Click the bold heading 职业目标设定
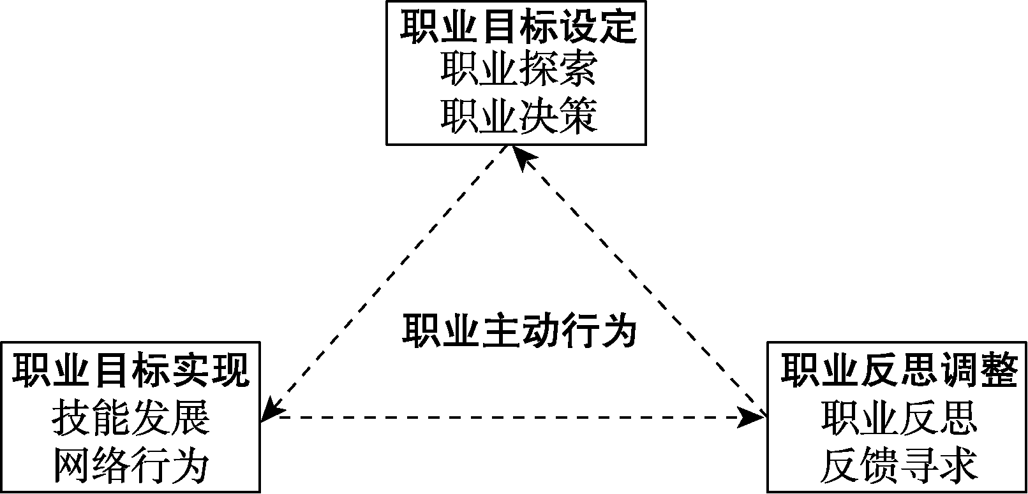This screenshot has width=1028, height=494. click(x=518, y=27)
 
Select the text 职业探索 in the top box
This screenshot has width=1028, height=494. click(x=518, y=71)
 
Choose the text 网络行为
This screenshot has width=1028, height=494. click(x=131, y=466)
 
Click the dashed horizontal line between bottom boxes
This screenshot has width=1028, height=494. click(x=510, y=418)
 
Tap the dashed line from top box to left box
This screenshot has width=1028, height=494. click(x=389, y=280)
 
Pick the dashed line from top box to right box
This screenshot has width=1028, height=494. click(x=638, y=280)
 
